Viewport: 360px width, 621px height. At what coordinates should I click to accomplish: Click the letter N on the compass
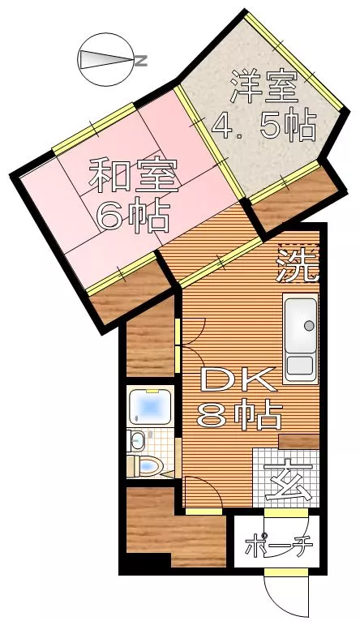pos(141,61)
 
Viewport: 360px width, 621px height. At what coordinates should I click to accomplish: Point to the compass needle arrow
pos(105,60)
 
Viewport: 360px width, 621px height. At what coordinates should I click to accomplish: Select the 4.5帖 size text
pos(264,124)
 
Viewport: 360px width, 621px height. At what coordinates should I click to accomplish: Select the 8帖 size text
pos(240,415)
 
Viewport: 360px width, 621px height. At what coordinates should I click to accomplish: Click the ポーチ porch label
pos(279,546)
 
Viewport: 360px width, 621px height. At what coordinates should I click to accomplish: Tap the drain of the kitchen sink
pos(309,326)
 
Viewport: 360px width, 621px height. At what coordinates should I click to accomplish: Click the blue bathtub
pos(151,405)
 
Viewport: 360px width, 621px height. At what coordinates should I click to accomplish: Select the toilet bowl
pos(146,465)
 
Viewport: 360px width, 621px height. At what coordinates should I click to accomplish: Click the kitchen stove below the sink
pos(299,366)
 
